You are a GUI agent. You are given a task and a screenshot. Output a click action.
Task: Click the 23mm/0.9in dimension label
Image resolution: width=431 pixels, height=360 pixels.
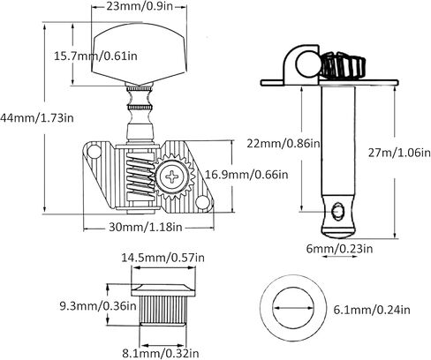[x=140, y=6]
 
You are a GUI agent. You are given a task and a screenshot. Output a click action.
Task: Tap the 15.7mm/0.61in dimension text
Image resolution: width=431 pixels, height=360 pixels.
[x=95, y=56]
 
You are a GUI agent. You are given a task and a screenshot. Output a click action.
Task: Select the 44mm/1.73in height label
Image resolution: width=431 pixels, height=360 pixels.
[x=36, y=118]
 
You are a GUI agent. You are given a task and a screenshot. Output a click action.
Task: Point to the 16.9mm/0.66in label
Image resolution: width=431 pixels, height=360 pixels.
[x=246, y=175]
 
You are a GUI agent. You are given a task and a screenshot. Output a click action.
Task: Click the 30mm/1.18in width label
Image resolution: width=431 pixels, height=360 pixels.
[x=146, y=227]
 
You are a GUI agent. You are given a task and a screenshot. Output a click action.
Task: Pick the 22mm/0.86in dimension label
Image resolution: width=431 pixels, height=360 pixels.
[x=284, y=143]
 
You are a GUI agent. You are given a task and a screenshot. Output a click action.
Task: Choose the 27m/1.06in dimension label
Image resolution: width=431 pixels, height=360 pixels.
[x=399, y=153]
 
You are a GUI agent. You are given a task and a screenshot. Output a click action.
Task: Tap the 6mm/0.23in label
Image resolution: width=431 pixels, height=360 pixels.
[x=339, y=249]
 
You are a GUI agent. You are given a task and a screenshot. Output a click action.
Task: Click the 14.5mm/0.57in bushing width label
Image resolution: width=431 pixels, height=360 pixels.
[x=163, y=258]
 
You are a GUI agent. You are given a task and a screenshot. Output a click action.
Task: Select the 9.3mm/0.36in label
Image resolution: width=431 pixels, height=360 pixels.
[x=98, y=306]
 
